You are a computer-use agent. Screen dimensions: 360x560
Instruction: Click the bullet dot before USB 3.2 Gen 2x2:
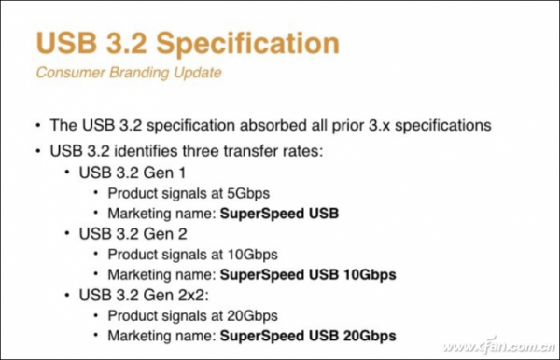[x=67, y=295]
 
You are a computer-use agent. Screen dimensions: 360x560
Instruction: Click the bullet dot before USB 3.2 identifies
[x=36, y=150]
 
